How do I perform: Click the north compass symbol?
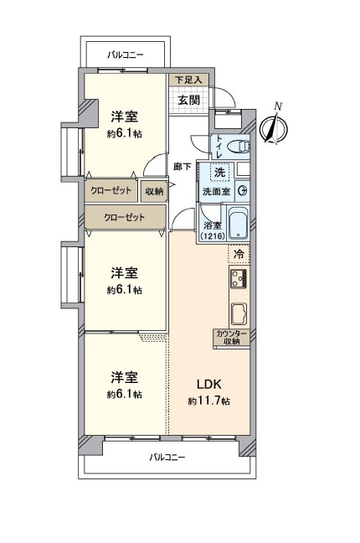pyautogui.click(x=274, y=127)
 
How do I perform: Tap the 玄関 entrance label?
pyautogui.click(x=188, y=100)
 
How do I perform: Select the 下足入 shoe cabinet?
pyautogui.click(x=189, y=80)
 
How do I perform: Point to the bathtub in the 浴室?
pyautogui.click(x=238, y=223)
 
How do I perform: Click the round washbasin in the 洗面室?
pyautogui.click(x=243, y=190)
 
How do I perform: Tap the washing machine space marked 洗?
pyautogui.click(x=219, y=172)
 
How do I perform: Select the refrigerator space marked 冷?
pyautogui.click(x=239, y=254)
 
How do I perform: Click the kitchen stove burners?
pyautogui.click(x=239, y=278)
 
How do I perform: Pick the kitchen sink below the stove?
pyautogui.click(x=239, y=313)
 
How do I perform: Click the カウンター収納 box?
pyautogui.click(x=231, y=338)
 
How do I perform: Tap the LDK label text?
pyautogui.click(x=208, y=384)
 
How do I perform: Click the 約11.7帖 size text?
pyautogui.click(x=208, y=401)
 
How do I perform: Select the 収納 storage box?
pyautogui.click(x=154, y=190)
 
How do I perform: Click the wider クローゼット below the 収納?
pyautogui.click(x=125, y=217)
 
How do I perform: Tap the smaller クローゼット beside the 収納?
pyautogui.click(x=111, y=190)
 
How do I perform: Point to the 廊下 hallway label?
pyautogui.click(x=182, y=167)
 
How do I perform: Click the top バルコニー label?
pyautogui.click(x=125, y=54)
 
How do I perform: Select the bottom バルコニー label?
pyautogui.click(x=167, y=458)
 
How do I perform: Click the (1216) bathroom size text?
pyautogui.click(x=212, y=235)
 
